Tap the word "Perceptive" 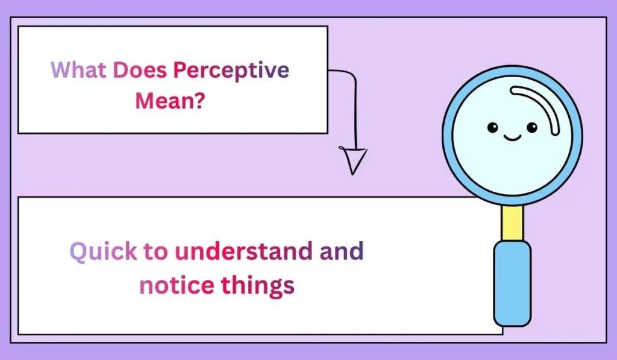pyautogui.click(x=231, y=71)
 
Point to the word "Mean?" pyautogui.click(x=169, y=99)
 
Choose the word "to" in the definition pyautogui.click(x=157, y=250)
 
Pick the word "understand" pyautogui.click(x=243, y=250)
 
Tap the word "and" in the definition pyautogui.click(x=342, y=250)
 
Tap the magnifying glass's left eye pyautogui.click(x=492, y=127)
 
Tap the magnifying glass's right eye pyautogui.click(x=531, y=127)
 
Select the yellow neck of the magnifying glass pyautogui.click(x=512, y=221)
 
